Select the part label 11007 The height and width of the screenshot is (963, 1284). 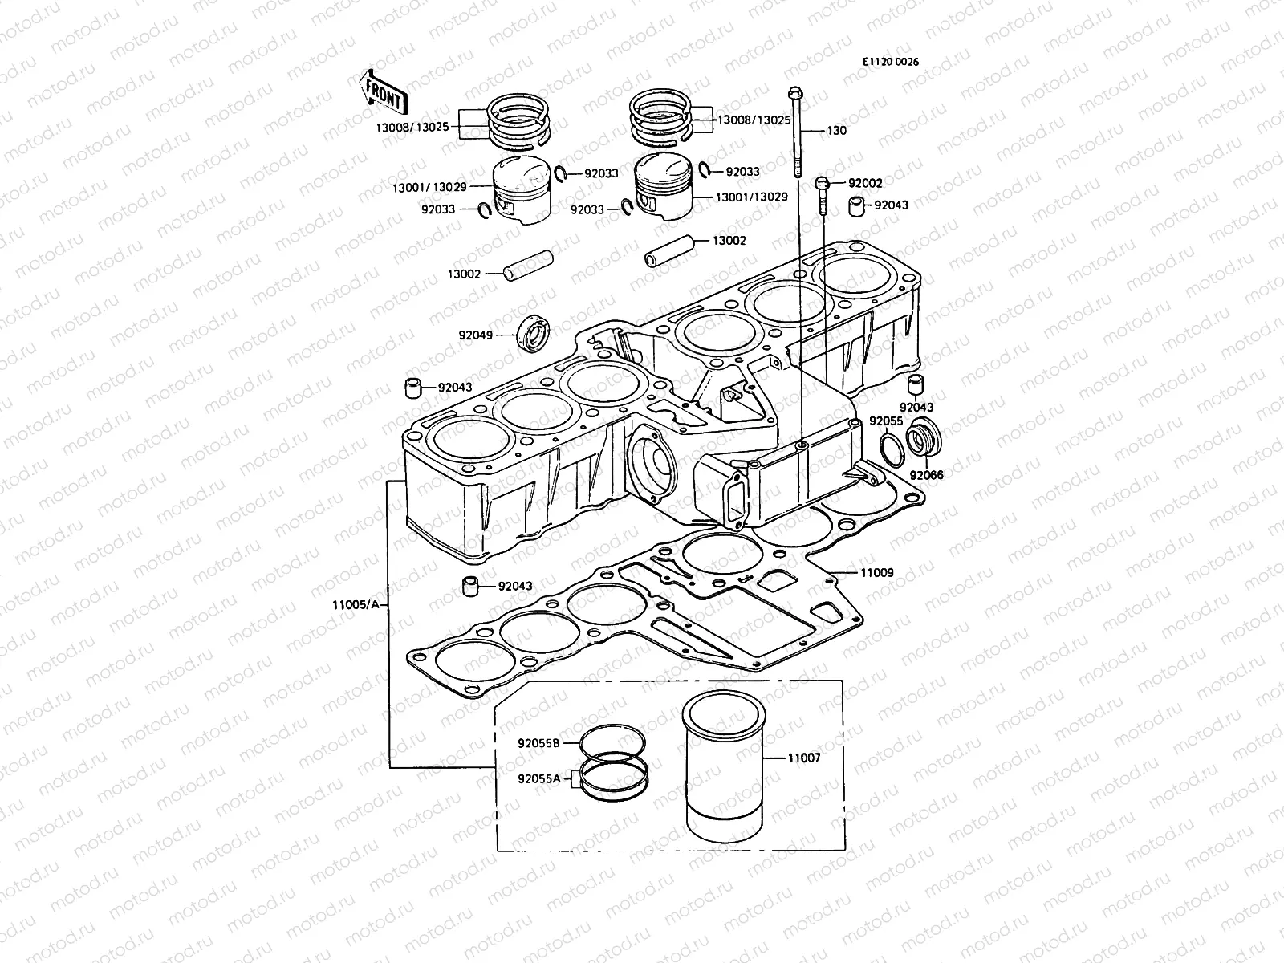coord(803,758)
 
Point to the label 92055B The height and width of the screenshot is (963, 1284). coord(538,743)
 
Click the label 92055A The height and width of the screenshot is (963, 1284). coord(538,778)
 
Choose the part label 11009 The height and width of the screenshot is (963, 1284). coord(876,573)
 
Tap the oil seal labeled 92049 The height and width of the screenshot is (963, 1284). coord(532,333)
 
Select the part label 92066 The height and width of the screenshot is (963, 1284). coord(927,475)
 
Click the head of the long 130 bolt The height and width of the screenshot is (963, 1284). coord(794,92)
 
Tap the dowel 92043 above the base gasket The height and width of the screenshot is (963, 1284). coord(471,587)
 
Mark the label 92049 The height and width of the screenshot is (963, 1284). coord(476,335)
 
